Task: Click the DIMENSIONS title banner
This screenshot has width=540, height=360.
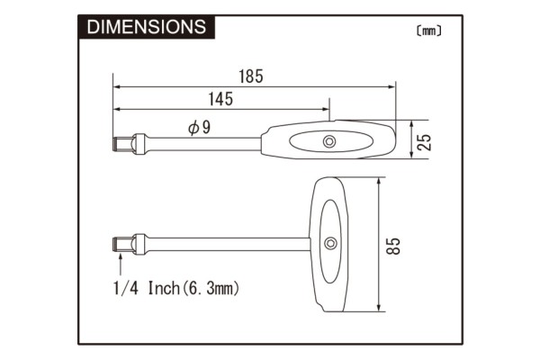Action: coord(145,27)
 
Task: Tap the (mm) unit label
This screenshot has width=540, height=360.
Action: coord(429,30)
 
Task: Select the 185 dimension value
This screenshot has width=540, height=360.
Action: coord(252,76)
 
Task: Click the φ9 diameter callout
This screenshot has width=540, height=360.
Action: coord(199,128)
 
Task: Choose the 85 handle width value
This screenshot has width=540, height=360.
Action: coord(392,245)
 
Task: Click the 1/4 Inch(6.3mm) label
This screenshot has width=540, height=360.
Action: coord(177,288)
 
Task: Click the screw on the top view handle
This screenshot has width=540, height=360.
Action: coord(330,141)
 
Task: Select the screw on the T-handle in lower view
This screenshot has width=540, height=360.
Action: coord(331,243)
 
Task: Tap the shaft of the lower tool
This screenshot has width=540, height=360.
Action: coord(225,244)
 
